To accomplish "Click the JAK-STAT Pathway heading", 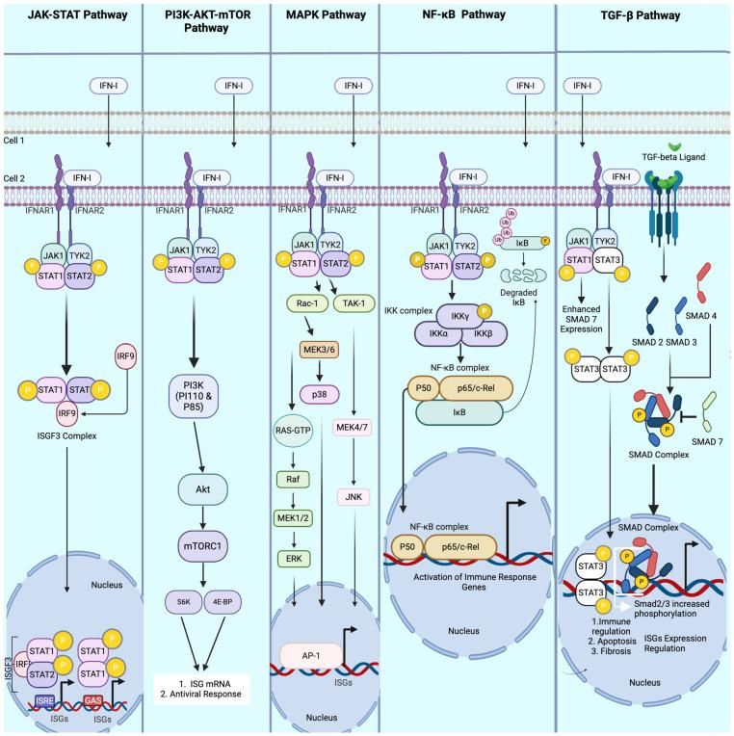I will [71, 16].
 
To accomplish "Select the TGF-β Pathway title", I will [644, 16].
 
